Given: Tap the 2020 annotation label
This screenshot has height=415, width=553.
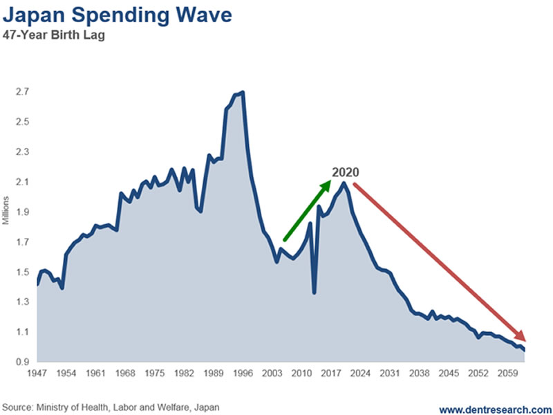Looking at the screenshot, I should [346, 173].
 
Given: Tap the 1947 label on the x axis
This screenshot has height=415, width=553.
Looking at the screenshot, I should [37, 375].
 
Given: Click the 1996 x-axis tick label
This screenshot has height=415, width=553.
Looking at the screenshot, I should [243, 375].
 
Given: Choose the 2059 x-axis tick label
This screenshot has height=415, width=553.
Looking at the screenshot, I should [509, 375].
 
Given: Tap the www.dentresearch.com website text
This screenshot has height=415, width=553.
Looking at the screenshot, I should [495, 407].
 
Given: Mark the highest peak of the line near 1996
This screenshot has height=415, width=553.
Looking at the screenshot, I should [243, 92].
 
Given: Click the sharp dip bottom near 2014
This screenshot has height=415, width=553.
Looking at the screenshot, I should [315, 293].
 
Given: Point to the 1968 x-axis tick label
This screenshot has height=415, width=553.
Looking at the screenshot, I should [125, 375].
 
